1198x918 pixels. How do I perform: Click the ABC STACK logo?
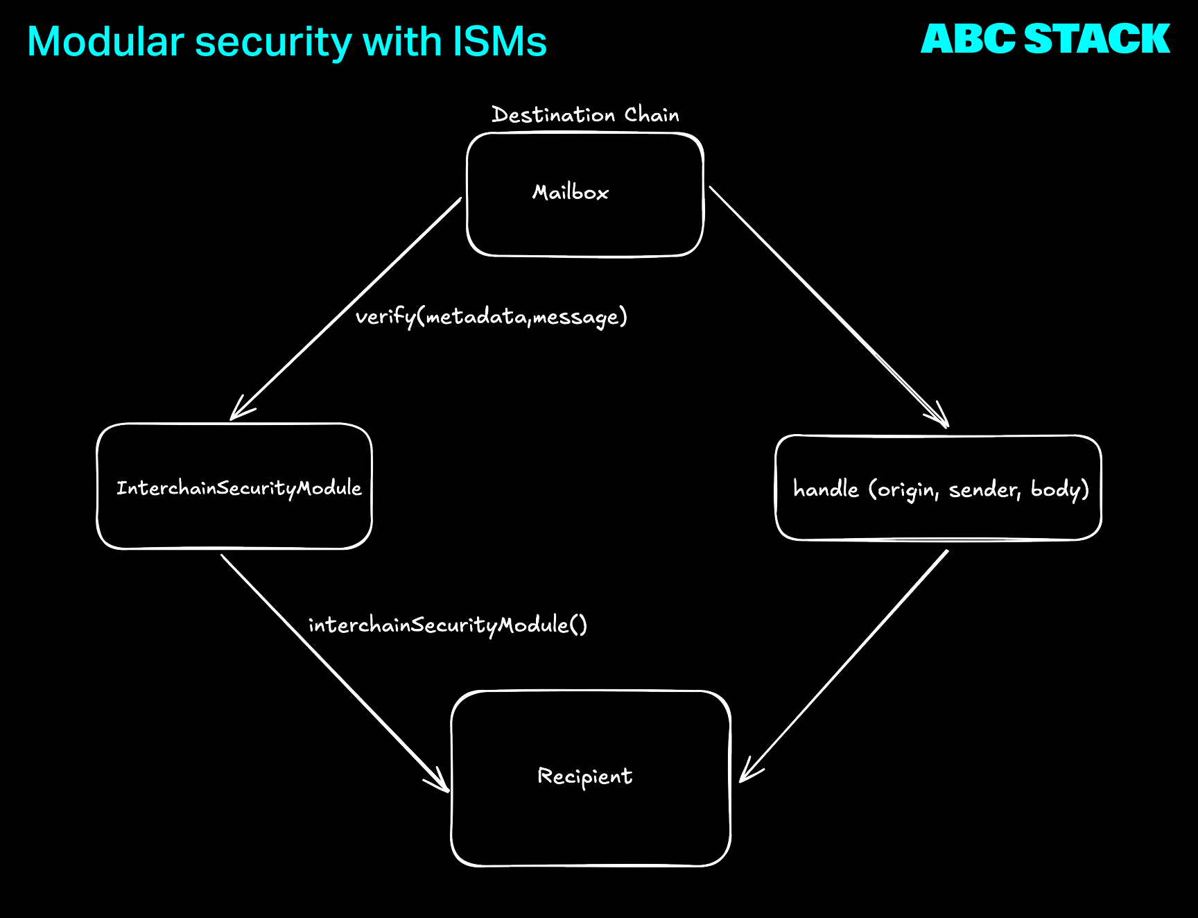point(1045,39)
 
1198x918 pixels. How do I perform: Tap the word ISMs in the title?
point(500,42)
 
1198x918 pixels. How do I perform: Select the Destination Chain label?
point(585,115)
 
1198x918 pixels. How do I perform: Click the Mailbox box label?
point(570,192)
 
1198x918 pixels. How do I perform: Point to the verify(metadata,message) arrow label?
point(491,317)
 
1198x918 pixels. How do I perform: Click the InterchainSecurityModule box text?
point(238,488)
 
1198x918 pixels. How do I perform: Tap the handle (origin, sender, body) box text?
point(941,490)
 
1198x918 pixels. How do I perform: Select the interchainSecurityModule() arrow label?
point(447,625)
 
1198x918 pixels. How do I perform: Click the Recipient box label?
point(584,777)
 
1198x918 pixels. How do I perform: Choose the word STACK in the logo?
point(1097,39)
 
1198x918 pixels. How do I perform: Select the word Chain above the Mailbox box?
point(652,115)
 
